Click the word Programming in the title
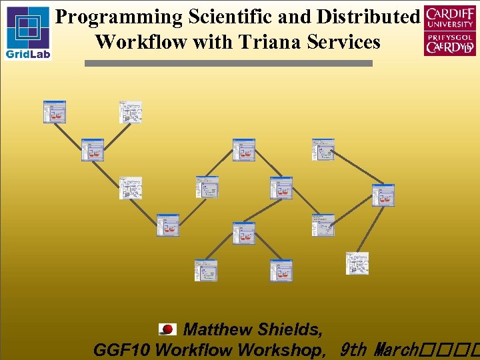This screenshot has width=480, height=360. click(x=110, y=17)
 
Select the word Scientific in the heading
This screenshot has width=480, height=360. click(x=221, y=17)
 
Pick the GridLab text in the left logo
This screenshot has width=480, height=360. click(x=27, y=53)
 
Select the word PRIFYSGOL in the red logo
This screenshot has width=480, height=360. click(x=450, y=38)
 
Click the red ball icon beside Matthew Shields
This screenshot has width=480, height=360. click(x=167, y=329)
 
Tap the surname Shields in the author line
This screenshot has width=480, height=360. click(x=290, y=329)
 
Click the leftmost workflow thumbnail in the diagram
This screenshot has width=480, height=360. click(x=55, y=112)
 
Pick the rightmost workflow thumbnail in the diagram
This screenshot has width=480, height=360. click(x=383, y=195)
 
